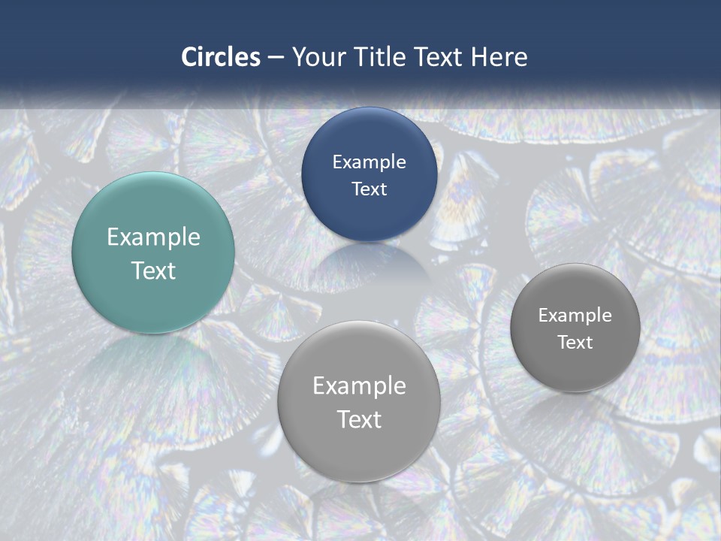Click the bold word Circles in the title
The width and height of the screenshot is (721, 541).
pos(221,57)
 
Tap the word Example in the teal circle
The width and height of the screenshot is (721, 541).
pos(153,237)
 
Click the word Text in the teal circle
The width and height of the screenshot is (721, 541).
pos(153,270)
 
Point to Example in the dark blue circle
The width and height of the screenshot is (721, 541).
pos(370,162)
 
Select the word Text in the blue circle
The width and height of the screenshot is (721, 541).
pos(370,189)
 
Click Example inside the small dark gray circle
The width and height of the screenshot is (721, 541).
pos(575,316)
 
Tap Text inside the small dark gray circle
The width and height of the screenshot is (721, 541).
pos(575,343)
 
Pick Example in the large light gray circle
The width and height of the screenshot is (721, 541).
pos(359,386)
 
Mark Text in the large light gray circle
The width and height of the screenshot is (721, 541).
pos(359,419)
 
